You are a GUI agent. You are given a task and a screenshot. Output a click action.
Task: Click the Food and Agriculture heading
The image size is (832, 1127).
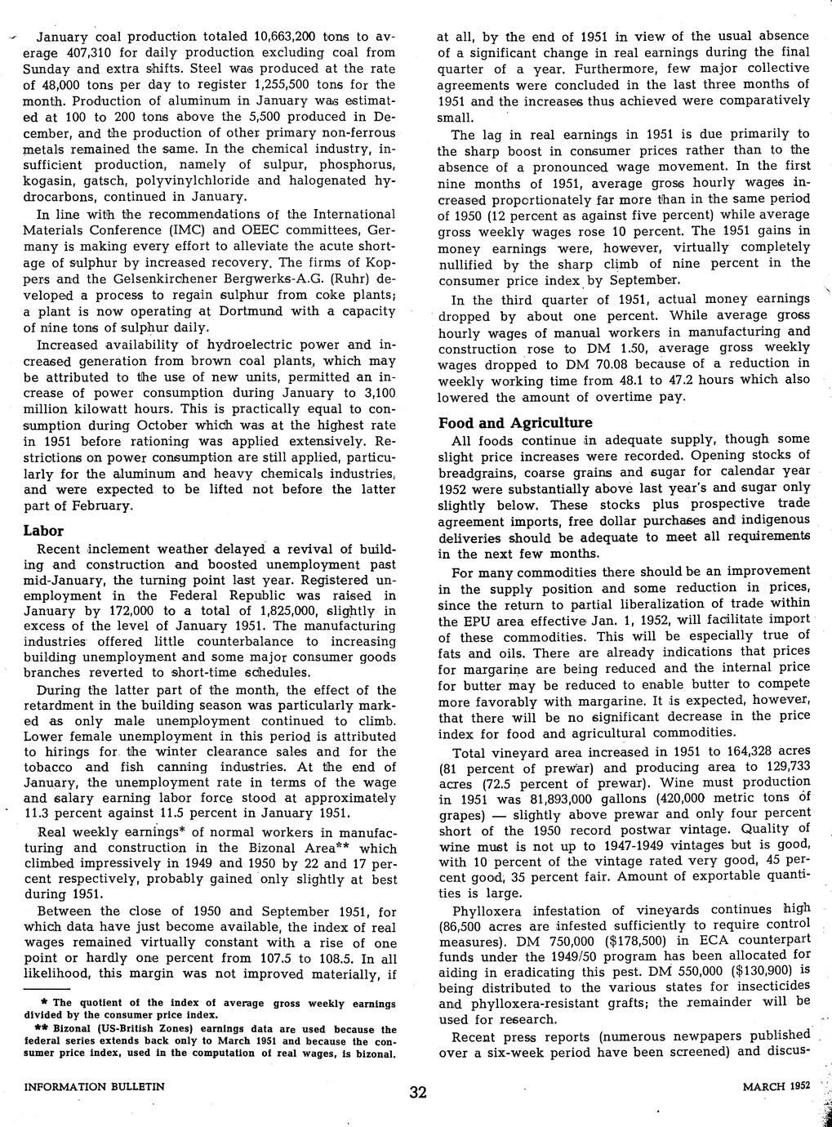[515, 423]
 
